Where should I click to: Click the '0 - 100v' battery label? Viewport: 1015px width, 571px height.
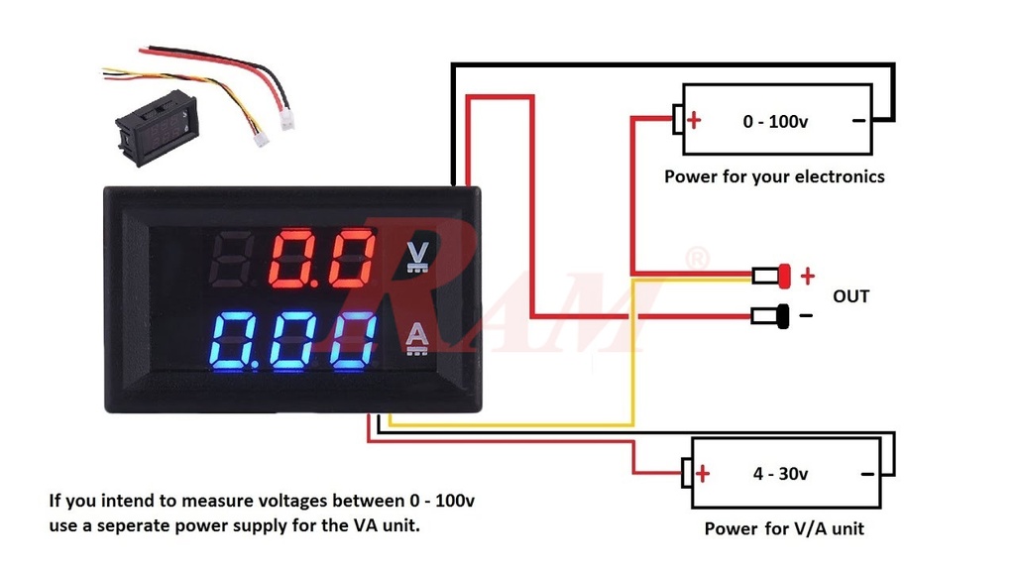pos(776,122)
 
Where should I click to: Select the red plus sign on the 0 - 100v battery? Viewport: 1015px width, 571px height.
pos(695,121)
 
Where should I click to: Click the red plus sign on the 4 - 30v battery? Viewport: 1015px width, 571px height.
pos(703,473)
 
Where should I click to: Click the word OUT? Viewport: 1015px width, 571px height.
pos(850,295)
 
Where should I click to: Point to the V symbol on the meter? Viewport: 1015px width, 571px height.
pos(417,256)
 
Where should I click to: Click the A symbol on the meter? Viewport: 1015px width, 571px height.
pos(417,339)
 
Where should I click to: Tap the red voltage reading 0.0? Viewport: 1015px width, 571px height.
pos(324,257)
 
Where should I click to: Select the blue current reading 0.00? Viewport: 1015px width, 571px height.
pos(294,341)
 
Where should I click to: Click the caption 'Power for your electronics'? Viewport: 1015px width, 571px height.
pos(774,176)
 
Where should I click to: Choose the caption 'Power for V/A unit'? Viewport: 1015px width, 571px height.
pos(784,528)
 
